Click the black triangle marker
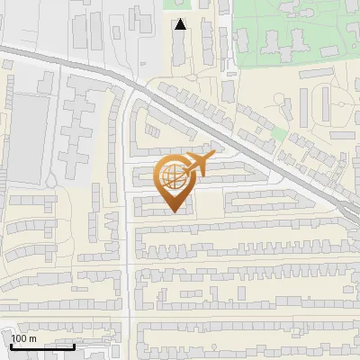click(x=181, y=24)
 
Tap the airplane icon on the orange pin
click(x=195, y=165)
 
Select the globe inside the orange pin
click(x=171, y=177)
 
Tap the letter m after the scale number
click(x=33, y=338)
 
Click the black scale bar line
click(x=42, y=346)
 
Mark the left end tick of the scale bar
click(x=11, y=345)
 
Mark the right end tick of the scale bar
click(x=74, y=345)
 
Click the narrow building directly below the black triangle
click(x=181, y=49)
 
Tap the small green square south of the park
click(x=279, y=134)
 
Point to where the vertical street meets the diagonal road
click(x=131, y=88)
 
